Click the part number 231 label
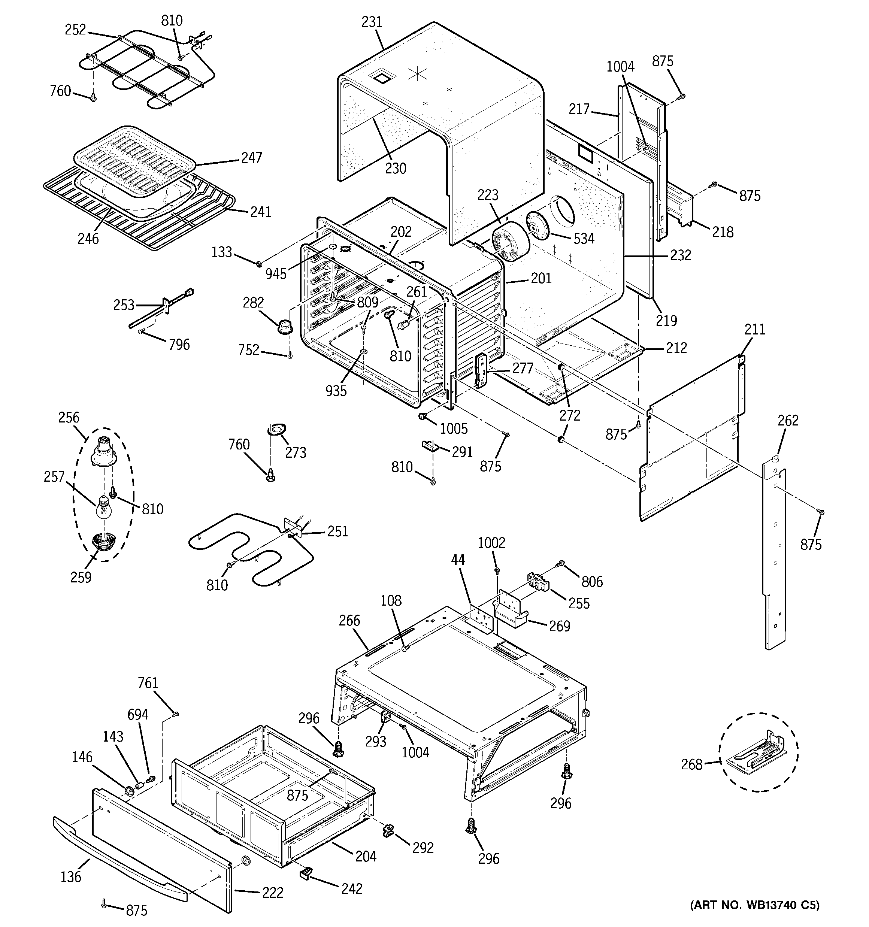pyautogui.click(x=372, y=22)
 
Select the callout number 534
pyautogui.click(x=584, y=239)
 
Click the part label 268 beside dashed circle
pyautogui.click(x=691, y=764)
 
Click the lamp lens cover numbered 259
pyautogui.click(x=103, y=542)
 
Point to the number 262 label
pyautogui.click(x=788, y=421)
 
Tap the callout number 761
pyautogui.click(x=148, y=683)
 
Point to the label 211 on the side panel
pyautogui.click(x=755, y=330)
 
